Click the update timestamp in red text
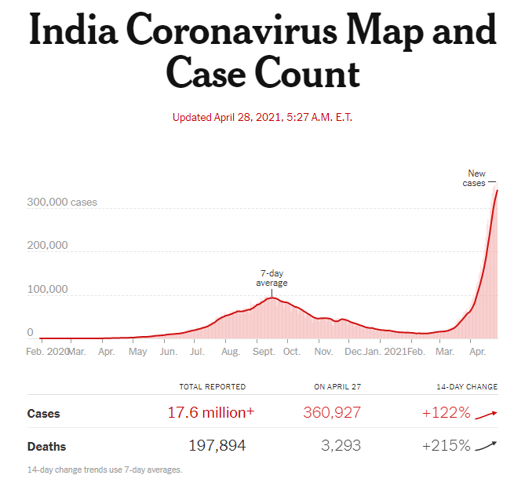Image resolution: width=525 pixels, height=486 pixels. (261, 118)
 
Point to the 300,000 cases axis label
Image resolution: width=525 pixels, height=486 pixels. (62, 202)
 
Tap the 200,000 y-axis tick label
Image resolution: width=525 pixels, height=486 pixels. (47, 245)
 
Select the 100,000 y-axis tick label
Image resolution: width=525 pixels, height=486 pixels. (47, 289)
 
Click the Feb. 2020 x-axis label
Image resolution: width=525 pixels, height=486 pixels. (47, 351)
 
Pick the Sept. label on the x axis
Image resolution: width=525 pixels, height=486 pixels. (264, 351)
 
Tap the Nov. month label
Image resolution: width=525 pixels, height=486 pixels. (323, 351)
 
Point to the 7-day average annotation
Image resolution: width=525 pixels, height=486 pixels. (272, 278)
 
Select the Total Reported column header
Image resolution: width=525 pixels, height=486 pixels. (212, 387)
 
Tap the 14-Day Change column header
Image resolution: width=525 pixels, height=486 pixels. (467, 387)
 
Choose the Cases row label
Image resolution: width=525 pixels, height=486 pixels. (44, 413)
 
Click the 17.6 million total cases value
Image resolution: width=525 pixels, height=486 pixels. (210, 413)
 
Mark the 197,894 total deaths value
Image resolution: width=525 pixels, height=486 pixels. (217, 446)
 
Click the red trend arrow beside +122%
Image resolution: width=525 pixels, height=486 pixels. (487, 414)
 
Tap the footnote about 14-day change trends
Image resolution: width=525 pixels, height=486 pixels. (104, 470)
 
